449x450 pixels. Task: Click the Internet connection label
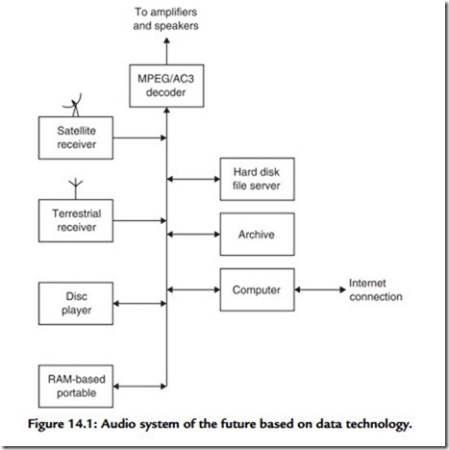pos(376,290)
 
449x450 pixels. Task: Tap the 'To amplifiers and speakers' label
pos(165,19)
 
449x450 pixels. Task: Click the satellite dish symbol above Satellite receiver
pos(74,105)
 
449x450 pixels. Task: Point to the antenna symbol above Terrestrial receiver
pos(76,189)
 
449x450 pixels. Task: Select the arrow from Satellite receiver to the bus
pos(139,137)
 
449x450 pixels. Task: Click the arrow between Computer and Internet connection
pos(320,289)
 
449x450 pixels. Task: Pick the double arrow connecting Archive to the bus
pos(193,235)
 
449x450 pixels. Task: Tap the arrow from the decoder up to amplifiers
pos(166,51)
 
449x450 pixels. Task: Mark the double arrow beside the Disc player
pos(139,304)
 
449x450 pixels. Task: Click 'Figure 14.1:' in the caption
pos(62,425)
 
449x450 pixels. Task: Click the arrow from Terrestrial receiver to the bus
pos(139,220)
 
